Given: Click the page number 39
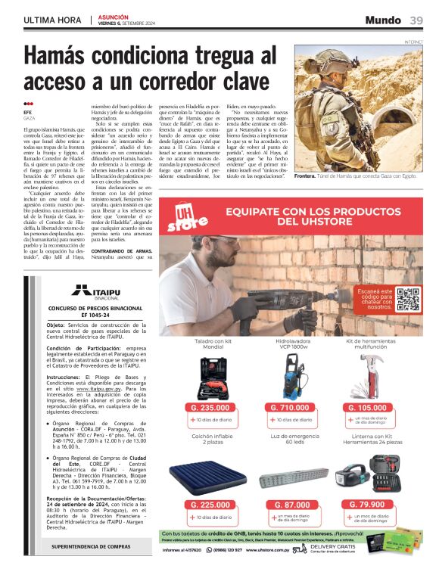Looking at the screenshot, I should click(416, 20).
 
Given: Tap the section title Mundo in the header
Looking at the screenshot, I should click(382, 20).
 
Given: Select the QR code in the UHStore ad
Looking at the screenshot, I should click(408, 300).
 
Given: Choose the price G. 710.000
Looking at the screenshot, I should click(290, 408).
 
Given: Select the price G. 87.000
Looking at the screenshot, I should click(290, 505).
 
